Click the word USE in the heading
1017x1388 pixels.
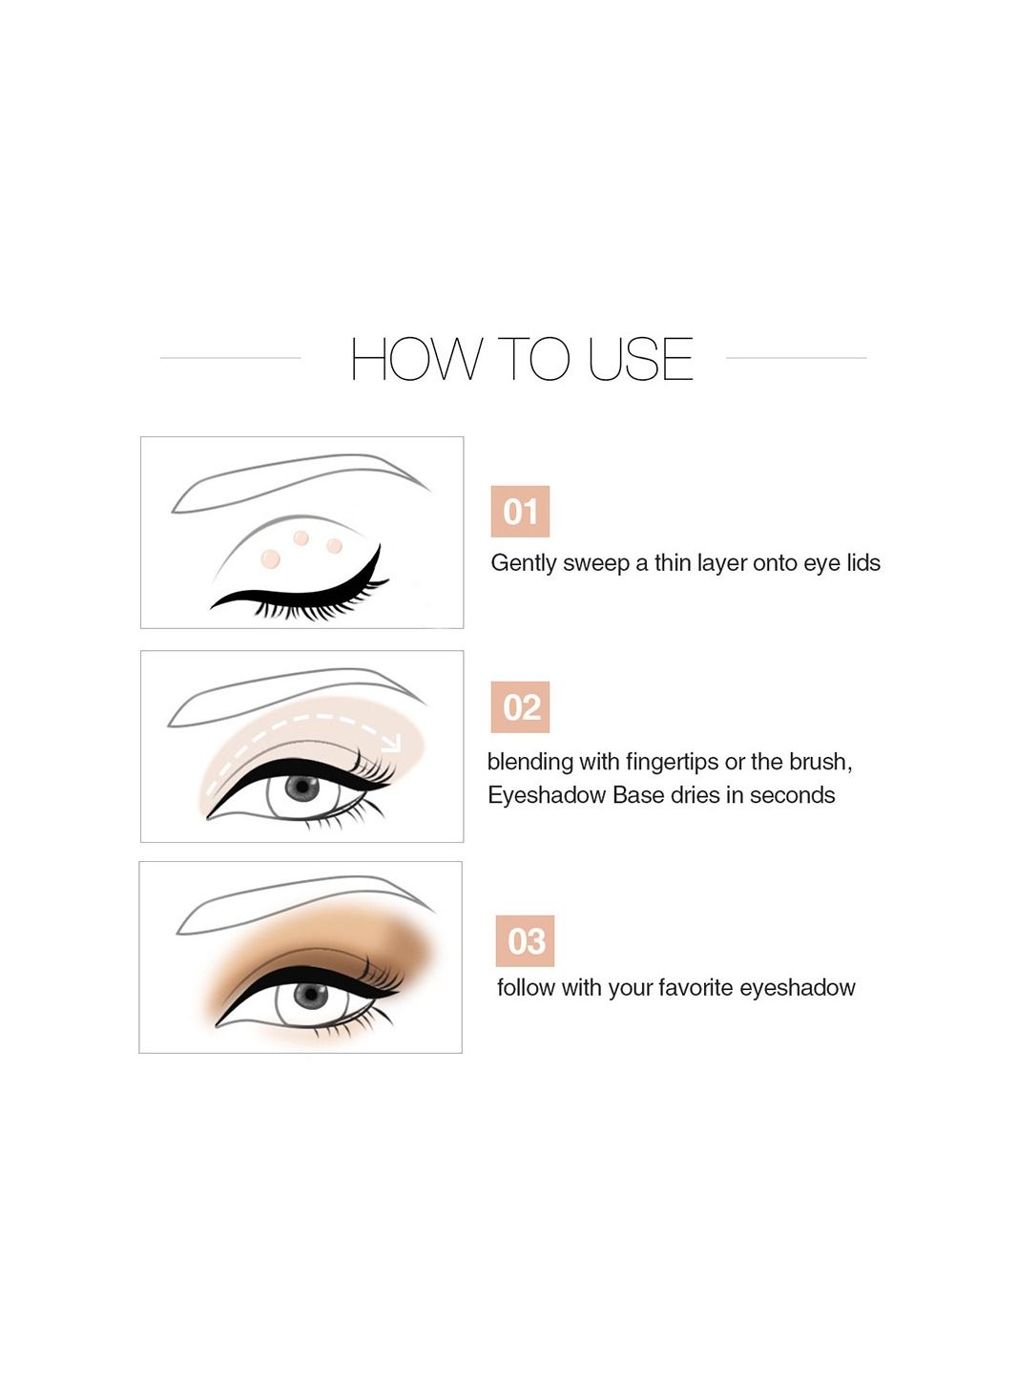point(640,358)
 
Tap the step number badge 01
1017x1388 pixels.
point(520,512)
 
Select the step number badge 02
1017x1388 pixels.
point(520,707)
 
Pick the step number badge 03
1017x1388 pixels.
point(525,940)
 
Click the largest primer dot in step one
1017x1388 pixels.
point(271,558)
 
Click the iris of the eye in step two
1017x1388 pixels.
point(301,789)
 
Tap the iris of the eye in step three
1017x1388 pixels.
point(310,996)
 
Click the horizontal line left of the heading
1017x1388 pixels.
point(231,358)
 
